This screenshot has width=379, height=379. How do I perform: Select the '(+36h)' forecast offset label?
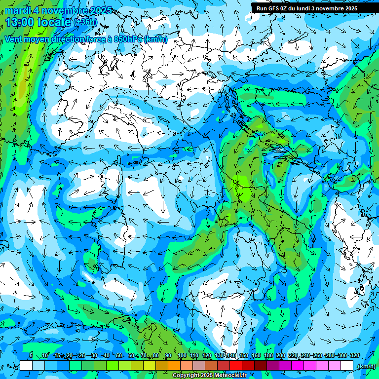(x=87, y=22)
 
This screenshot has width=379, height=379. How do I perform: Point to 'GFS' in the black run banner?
(x=273, y=8)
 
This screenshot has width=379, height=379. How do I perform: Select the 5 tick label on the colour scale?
(x=31, y=356)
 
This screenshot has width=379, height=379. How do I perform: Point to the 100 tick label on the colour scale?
(x=181, y=356)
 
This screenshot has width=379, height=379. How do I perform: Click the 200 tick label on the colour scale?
(x=280, y=356)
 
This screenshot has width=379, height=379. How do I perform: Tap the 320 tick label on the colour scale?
(x=354, y=356)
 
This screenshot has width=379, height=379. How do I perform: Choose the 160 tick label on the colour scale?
(x=256, y=356)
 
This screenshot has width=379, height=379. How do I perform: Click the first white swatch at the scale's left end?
(x=26, y=366)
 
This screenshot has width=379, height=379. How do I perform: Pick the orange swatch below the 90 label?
(x=174, y=366)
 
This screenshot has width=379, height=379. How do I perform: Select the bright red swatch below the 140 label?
(x=236, y=366)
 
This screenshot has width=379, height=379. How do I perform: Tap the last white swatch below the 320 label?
(x=347, y=366)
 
